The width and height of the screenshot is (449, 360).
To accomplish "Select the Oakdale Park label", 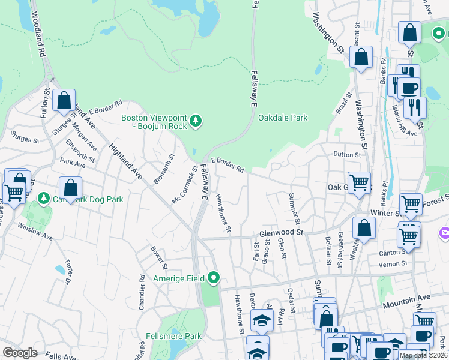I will point(283,118).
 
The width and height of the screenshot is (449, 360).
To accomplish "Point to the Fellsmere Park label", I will point(173,337).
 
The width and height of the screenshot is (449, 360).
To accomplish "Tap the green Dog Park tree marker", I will point(43,197).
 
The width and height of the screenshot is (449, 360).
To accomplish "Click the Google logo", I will point(20,353).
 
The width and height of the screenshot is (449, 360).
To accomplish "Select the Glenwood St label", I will point(282,232).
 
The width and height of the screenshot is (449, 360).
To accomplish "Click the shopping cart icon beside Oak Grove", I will point(359,181).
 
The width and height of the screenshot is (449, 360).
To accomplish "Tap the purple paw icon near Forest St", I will point(445,232).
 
